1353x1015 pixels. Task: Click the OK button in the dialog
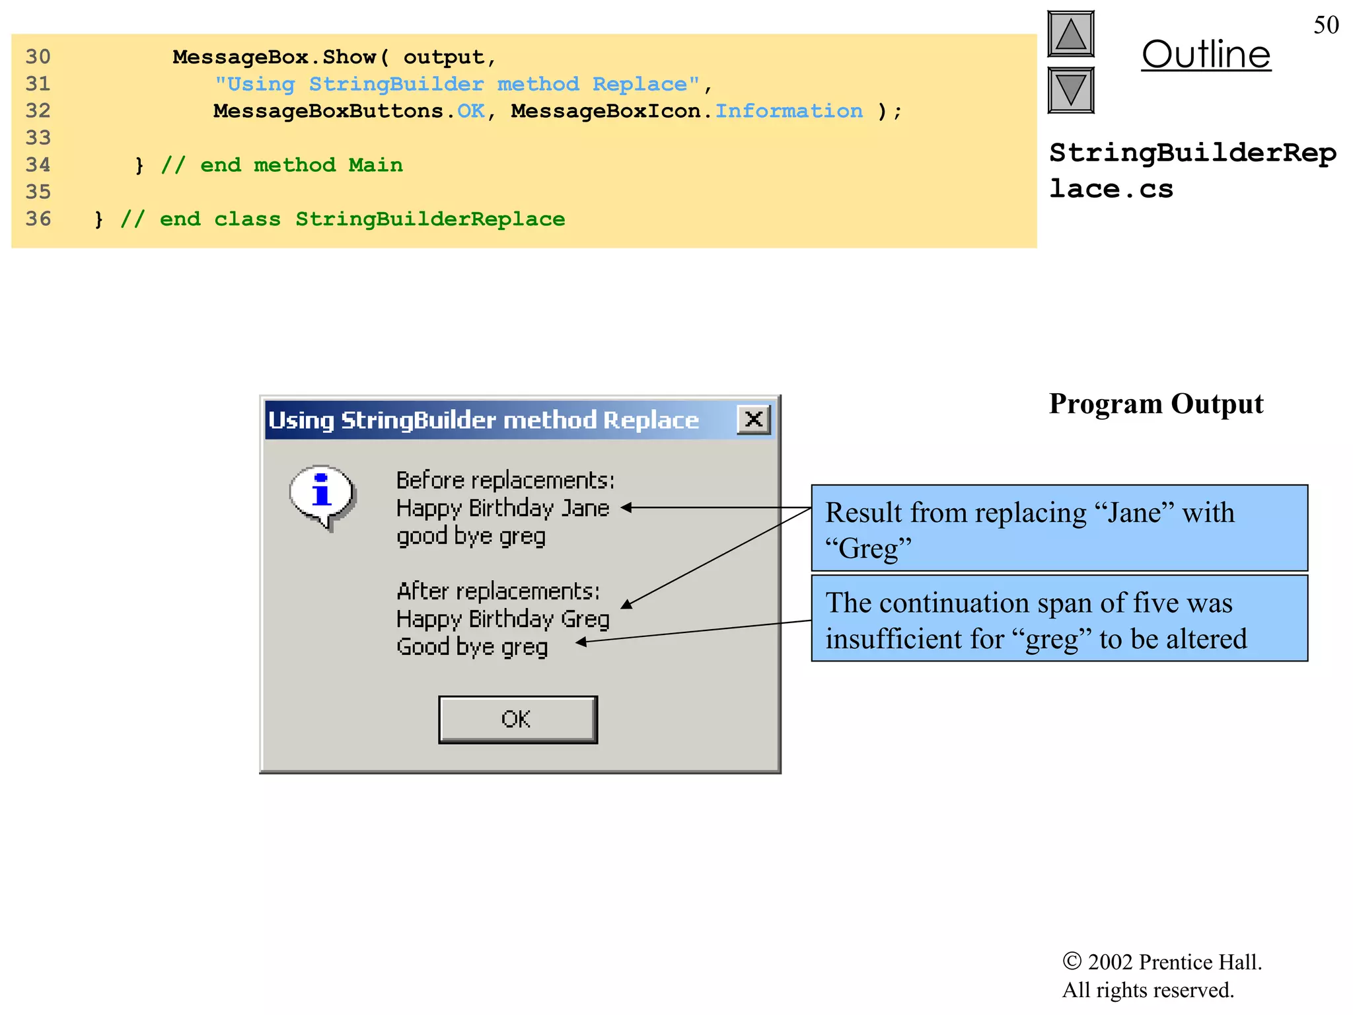coord(517,719)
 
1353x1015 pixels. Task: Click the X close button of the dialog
coord(753,419)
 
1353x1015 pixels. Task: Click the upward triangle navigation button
coord(1070,34)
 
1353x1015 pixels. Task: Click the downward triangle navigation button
coord(1070,90)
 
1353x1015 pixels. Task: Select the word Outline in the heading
coord(1206,54)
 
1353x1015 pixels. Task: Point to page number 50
coord(1325,25)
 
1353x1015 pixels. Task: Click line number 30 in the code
coord(38,57)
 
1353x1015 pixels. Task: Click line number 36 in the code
coord(38,219)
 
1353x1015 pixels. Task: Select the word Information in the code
coord(789,111)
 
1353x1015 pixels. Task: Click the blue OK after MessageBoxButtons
coord(470,111)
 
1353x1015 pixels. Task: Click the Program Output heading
coord(1155,404)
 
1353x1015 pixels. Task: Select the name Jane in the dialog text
coord(585,508)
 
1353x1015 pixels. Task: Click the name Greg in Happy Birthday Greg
coord(585,619)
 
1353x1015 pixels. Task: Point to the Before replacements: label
coord(505,480)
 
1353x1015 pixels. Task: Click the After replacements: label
coord(498,591)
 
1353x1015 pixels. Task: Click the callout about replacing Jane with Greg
coord(1059,528)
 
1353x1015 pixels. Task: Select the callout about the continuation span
coord(1059,619)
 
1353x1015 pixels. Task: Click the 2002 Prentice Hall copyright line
coord(1161,962)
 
